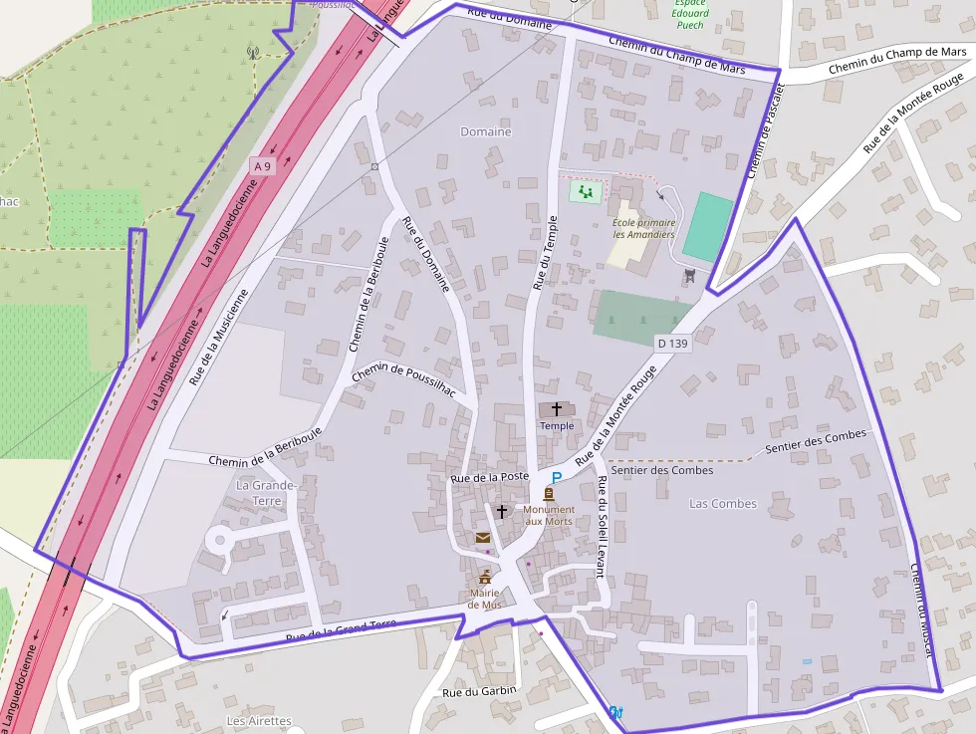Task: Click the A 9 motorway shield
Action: point(262,167)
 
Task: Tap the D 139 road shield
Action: point(672,344)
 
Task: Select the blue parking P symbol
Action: point(557,479)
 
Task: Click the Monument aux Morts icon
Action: point(549,493)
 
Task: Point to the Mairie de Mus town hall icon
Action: point(485,579)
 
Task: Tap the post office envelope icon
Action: point(483,538)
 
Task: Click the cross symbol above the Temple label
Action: point(557,409)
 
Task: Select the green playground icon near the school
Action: point(584,190)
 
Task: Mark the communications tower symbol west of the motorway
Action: point(253,51)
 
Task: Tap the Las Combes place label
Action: point(723,504)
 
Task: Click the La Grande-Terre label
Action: point(266,492)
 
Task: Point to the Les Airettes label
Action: point(259,720)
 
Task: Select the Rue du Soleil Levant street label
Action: point(602,527)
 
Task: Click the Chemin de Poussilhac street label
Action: point(404,380)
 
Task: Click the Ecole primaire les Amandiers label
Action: point(643,228)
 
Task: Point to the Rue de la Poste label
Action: point(489,477)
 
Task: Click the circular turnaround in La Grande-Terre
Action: point(217,541)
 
